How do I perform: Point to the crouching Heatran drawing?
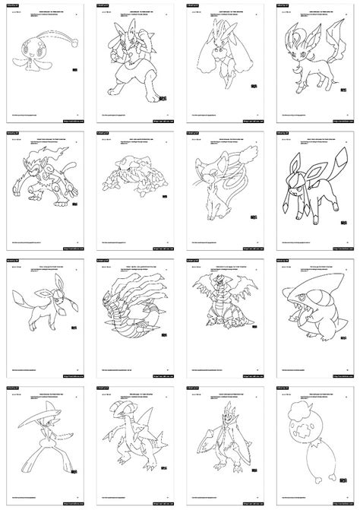click(131, 182)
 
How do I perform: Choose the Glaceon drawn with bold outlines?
click(309, 186)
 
